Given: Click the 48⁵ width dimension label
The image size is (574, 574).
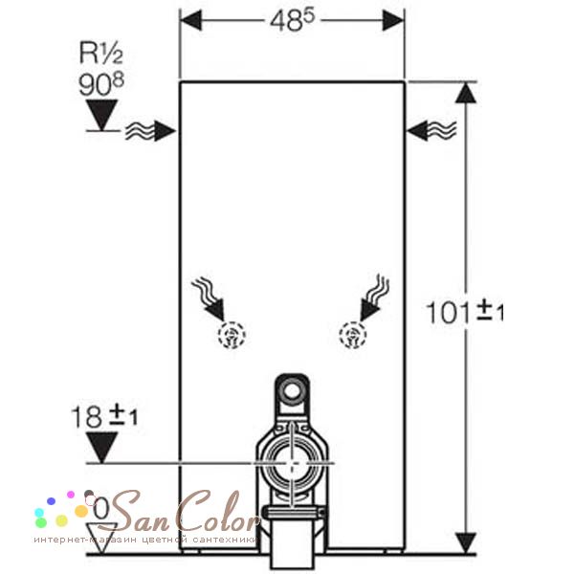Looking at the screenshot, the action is click(292, 20).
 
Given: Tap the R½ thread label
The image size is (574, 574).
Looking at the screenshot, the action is click(101, 53).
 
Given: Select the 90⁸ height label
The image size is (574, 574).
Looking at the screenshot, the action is click(101, 84).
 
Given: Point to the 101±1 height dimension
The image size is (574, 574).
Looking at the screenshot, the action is click(464, 312).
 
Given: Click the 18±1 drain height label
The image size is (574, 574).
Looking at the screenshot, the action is click(104, 416).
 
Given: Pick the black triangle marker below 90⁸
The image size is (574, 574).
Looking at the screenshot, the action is click(101, 115).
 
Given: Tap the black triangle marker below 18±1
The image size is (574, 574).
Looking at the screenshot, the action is click(101, 448).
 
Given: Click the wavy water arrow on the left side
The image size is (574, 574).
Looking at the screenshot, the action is click(150, 131).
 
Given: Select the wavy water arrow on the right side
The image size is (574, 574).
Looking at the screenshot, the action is click(431, 130).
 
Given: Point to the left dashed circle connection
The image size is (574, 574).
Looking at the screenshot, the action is click(232, 335).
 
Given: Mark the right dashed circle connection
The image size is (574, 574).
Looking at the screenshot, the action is click(353, 335).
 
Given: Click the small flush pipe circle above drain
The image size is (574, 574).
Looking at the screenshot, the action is click(292, 392).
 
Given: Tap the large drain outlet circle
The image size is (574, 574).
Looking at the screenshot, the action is click(292, 464).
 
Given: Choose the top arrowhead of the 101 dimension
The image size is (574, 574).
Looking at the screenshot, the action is click(465, 93).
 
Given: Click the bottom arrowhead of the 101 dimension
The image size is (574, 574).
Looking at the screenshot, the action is click(465, 542).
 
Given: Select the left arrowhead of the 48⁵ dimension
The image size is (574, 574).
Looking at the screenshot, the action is click(190, 20).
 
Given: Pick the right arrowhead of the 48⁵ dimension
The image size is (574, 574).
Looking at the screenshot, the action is click(393, 20).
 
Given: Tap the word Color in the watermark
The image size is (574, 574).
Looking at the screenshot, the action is click(219, 512).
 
